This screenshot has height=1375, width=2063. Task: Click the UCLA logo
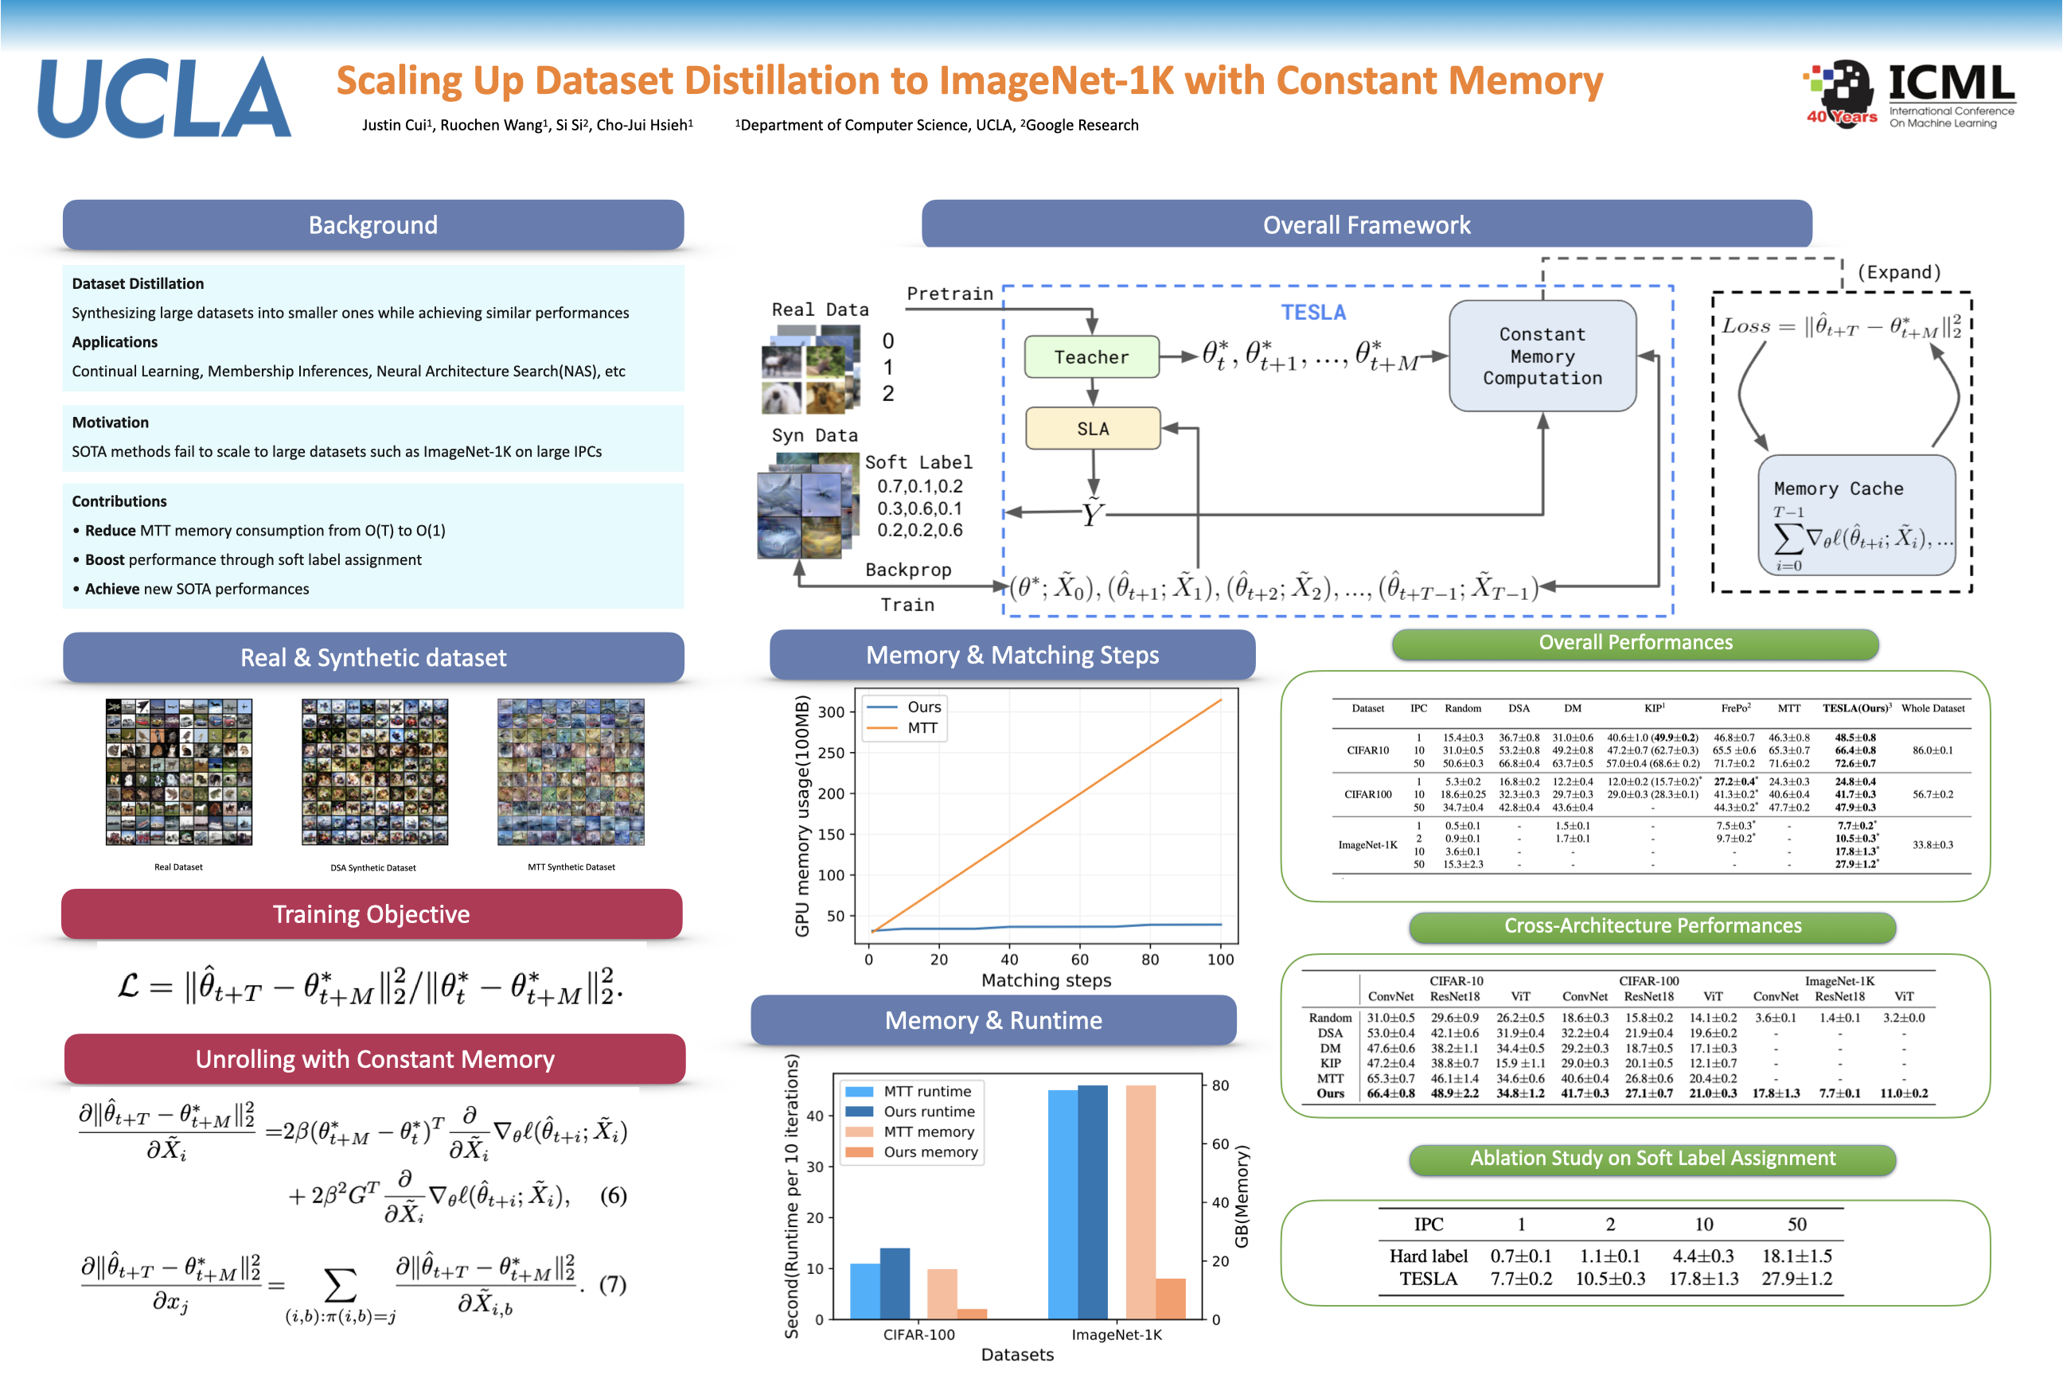(164, 98)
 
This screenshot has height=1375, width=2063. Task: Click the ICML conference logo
(1910, 95)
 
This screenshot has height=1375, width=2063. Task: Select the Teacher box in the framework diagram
(1091, 357)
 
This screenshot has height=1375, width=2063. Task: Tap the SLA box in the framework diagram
(1092, 429)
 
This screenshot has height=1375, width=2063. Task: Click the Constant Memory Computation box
(1542, 356)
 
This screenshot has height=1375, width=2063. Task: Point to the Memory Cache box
(1856, 515)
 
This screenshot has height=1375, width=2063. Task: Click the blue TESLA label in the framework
(1312, 313)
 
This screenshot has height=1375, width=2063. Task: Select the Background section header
(372, 225)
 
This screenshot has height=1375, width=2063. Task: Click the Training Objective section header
(371, 914)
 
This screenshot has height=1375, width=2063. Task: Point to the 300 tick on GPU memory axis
(831, 712)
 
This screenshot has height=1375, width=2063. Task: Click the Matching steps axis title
(1046, 980)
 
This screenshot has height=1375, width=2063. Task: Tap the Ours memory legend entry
(930, 1152)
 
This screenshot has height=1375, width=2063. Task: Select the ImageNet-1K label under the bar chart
(1116, 1334)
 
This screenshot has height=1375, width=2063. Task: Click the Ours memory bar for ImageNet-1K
(1170, 1299)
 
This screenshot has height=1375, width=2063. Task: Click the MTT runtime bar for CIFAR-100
(865, 1291)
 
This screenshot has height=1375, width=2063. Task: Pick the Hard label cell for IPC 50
(1796, 1256)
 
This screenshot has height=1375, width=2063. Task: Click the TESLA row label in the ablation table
(1428, 1279)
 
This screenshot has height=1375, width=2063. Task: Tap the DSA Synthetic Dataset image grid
(375, 772)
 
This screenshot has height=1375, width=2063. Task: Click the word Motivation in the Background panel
(111, 423)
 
